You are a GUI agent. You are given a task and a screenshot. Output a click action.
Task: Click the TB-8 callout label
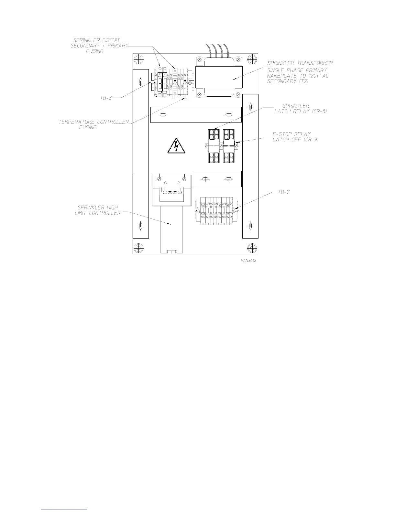click(106, 97)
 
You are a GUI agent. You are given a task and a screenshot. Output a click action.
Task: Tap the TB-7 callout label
click(284, 192)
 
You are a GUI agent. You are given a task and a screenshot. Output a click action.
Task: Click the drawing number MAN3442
click(248, 261)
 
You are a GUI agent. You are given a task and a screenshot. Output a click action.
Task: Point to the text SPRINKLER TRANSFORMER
click(300, 63)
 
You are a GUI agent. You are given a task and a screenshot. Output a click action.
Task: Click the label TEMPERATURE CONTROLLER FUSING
click(93, 124)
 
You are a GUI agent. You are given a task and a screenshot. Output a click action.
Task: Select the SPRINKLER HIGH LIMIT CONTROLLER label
click(98, 210)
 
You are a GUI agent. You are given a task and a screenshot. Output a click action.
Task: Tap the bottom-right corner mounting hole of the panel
click(252, 248)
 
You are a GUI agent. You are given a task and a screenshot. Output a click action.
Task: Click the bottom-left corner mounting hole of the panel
click(138, 248)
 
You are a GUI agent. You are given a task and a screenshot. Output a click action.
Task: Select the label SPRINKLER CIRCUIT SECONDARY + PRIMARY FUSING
click(99, 46)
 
